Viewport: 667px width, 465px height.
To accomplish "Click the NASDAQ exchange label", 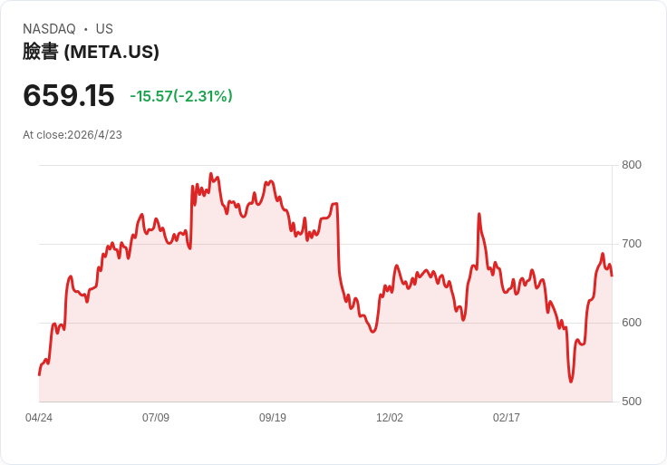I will [49, 29].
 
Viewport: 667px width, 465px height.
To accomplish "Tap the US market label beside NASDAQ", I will [104, 29].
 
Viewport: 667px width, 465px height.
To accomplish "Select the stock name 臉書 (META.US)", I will [91, 53].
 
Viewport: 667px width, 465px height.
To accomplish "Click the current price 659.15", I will [69, 95].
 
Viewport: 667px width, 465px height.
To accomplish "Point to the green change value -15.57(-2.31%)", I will [181, 96].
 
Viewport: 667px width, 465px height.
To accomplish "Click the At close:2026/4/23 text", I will [72, 135].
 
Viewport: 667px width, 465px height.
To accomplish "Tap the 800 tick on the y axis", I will [632, 165].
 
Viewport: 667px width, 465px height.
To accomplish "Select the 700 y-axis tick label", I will [632, 244].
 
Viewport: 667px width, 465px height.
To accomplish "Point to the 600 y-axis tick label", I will [632, 323].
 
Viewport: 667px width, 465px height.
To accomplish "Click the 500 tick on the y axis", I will [632, 402].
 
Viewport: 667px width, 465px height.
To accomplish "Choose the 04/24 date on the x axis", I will [39, 418].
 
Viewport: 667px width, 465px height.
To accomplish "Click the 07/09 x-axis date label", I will [156, 418].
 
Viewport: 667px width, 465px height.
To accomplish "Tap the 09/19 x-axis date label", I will [273, 418].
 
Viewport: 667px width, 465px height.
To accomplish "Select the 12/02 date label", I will [390, 418].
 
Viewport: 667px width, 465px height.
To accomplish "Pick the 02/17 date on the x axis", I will [507, 418].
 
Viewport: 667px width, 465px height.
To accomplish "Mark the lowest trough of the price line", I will [571, 382].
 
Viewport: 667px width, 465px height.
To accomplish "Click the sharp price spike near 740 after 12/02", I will [478, 214].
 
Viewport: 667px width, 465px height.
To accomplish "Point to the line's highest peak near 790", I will [211, 173].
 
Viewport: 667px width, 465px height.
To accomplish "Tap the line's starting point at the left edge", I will [39, 374].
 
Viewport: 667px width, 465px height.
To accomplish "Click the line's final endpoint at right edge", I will [612, 276].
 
